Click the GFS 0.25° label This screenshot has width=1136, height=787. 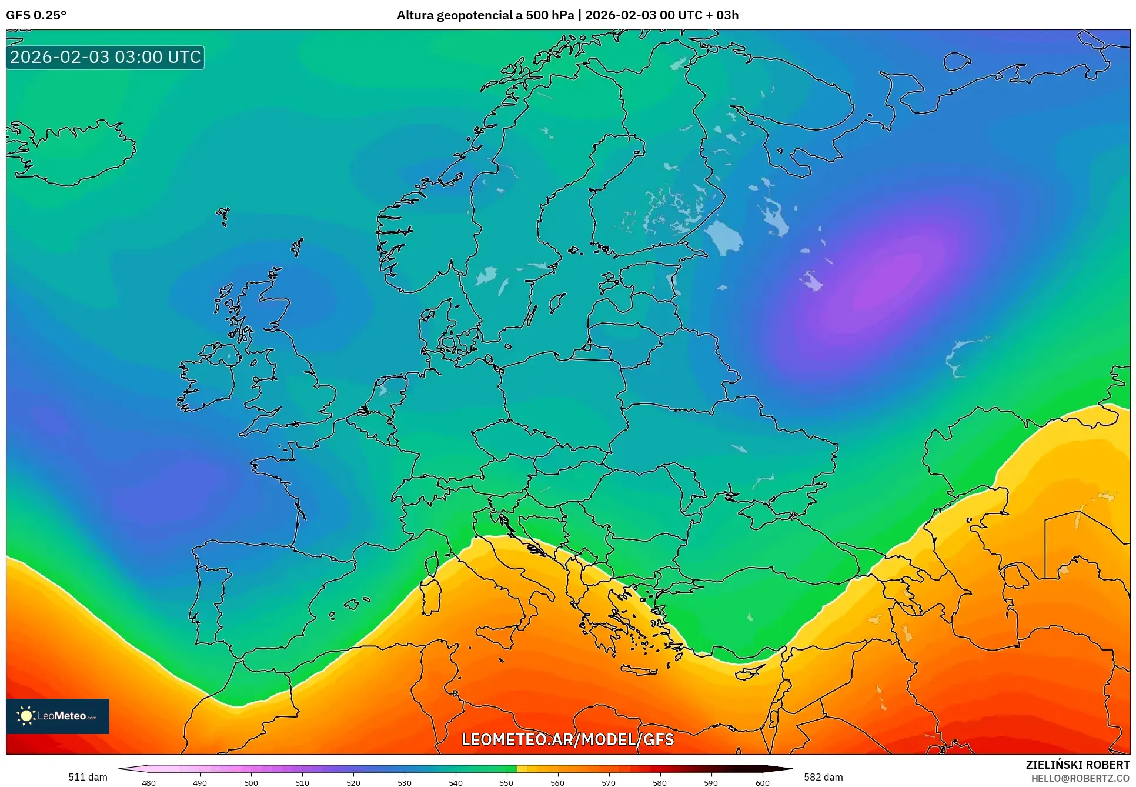pos(36,15)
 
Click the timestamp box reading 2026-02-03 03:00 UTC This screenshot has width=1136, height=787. pos(105,57)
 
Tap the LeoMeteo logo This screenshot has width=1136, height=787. pos(58,716)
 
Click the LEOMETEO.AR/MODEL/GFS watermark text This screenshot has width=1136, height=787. pos(567,739)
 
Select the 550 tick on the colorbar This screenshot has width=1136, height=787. pos(506,782)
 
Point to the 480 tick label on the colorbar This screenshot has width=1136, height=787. pos(149,782)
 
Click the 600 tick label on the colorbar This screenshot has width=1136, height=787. pos(762,782)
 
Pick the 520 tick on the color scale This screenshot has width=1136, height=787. pos(353,782)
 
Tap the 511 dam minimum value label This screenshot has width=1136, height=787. pos(88,777)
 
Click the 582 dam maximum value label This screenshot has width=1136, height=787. pos(823,777)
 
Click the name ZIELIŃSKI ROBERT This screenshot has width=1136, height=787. pos(1077,765)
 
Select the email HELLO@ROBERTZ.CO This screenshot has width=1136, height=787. pos(1080,778)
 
